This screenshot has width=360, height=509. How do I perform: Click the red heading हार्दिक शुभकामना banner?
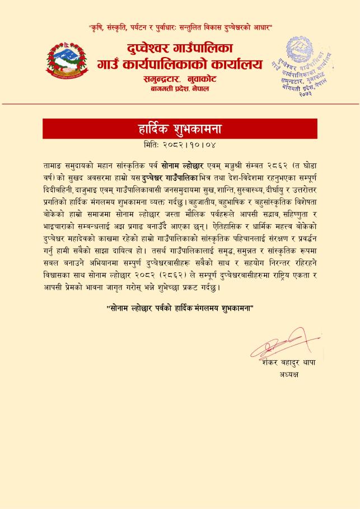click(180, 129)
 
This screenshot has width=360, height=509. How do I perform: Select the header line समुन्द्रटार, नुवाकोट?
click(180, 79)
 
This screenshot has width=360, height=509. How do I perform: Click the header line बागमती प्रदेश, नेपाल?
click(180, 89)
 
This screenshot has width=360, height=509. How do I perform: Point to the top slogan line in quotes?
click(180, 27)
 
